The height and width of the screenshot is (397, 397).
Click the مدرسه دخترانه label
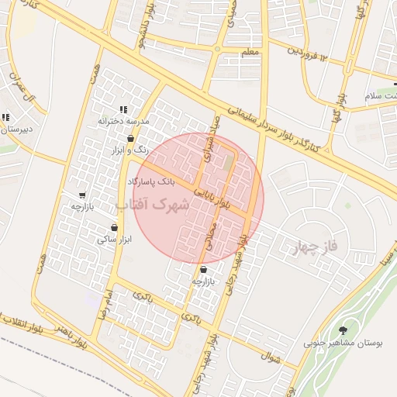tap(123, 122)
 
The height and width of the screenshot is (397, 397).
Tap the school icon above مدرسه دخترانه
tap(123, 110)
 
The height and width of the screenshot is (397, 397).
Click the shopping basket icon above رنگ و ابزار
tap(130, 138)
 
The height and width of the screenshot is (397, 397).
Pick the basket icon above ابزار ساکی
tap(115, 228)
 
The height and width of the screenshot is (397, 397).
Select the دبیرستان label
tap(16, 130)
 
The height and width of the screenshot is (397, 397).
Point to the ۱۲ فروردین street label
tap(319, 55)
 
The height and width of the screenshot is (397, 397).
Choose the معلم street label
tap(250, 52)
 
